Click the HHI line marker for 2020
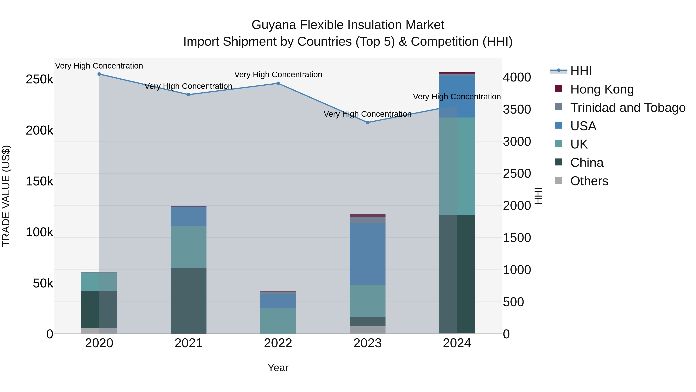coord(99,74)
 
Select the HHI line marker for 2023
coord(368,122)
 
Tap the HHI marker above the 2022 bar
coord(278,83)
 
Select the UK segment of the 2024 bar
coord(457,166)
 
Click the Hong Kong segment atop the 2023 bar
coord(368,215)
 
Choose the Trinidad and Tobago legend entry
coord(628,107)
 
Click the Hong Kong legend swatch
coord(559,89)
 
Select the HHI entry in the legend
coord(581,71)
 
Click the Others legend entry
coord(589,181)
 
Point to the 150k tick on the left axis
coord(39,181)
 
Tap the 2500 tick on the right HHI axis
coord(517,173)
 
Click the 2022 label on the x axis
coord(278,343)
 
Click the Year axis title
coord(278,368)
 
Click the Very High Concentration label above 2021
coord(188,86)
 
